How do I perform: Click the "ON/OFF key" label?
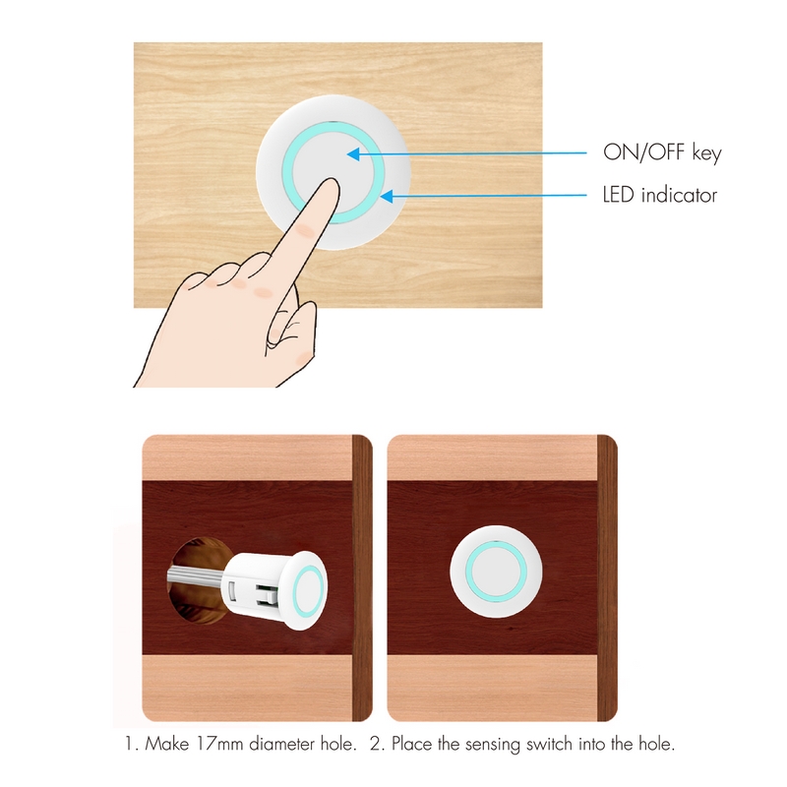[x=662, y=152]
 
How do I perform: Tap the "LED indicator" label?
[x=659, y=195]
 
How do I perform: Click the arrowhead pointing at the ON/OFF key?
[x=353, y=154]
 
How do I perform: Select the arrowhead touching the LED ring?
[x=386, y=196]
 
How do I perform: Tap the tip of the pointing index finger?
[x=330, y=181]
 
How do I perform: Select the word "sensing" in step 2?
[x=493, y=744]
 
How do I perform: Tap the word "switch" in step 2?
[x=550, y=744]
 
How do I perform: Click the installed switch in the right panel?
[x=496, y=572]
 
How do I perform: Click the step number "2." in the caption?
[x=377, y=744]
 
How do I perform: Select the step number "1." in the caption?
[x=132, y=744]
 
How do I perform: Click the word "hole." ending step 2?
[x=656, y=744]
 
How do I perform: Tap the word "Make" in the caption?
[x=167, y=744]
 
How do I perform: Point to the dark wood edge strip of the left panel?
[x=362, y=577]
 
